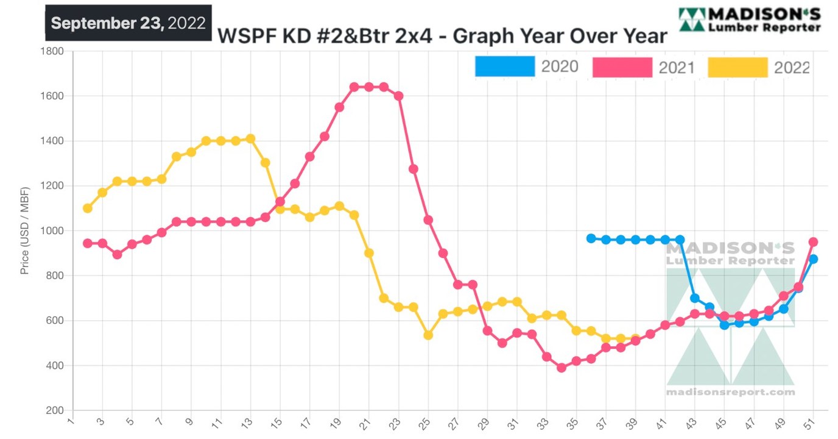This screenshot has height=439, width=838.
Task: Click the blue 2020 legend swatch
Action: [x=504, y=66]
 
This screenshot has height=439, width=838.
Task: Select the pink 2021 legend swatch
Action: [x=622, y=67]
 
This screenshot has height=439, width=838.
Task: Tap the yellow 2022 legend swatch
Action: [x=738, y=67]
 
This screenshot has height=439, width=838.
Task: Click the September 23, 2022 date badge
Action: [x=129, y=23]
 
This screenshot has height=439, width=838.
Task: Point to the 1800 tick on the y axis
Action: [x=54, y=51]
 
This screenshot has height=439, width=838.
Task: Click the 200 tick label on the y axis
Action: [x=56, y=410]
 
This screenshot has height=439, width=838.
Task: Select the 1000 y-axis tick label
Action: [x=54, y=230]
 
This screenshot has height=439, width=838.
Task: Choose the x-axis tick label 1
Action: [x=71, y=421]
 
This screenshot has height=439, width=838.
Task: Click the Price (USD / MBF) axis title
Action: [x=25, y=230]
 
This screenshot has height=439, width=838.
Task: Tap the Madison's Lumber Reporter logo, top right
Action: [x=750, y=20]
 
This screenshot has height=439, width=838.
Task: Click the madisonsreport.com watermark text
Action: [x=730, y=392]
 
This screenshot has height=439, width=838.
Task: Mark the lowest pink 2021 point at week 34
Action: [x=562, y=368]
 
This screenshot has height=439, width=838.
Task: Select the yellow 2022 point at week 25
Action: [x=428, y=335]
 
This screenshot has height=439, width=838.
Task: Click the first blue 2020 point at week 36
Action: [x=591, y=238]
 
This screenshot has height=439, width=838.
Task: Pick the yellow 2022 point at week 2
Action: [x=88, y=209]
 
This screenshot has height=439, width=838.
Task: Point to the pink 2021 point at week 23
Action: [x=399, y=96]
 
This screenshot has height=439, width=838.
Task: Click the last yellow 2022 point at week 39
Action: [x=635, y=338]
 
